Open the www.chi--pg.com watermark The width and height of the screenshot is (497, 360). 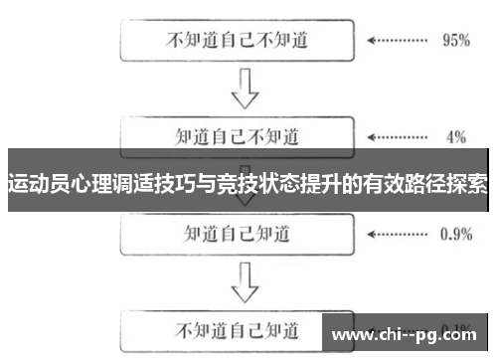(x=408, y=332)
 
